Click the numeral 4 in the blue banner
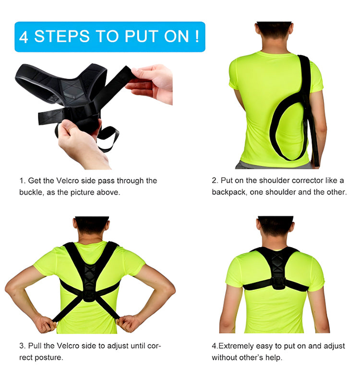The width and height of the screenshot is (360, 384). pyautogui.click(x=24, y=37)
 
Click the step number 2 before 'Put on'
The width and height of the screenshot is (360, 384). pyautogui.click(x=214, y=180)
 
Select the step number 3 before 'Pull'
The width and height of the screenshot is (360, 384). pyautogui.click(x=21, y=346)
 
